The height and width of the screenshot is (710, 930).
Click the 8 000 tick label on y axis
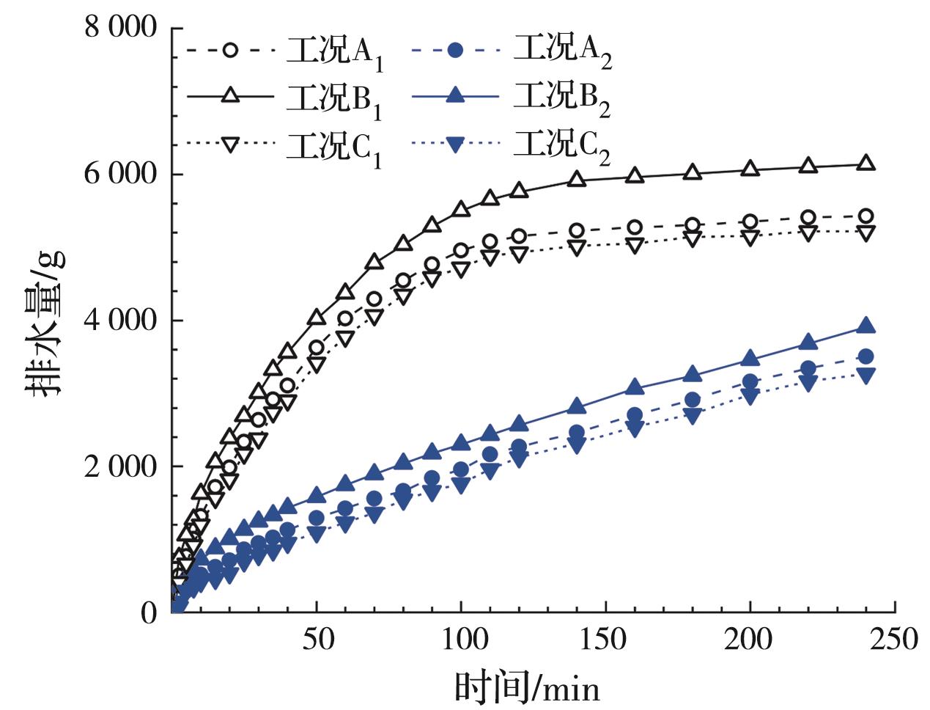pos(122,29)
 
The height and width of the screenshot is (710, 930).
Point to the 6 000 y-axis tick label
pos(122,175)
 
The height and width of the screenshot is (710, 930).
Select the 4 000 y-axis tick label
pos(122,321)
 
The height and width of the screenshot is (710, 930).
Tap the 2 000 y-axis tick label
pos(122,466)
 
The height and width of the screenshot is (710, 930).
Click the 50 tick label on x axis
pos(316,640)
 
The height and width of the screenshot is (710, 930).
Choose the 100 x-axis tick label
pos(461,640)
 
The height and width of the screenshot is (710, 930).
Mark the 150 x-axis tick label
pos(605,640)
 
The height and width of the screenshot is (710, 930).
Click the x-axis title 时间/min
pos(527,688)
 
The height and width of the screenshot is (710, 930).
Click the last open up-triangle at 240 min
pos(866,164)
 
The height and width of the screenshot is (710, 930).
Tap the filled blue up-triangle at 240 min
pos(866,326)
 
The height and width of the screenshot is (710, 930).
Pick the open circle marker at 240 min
pos(866,216)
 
